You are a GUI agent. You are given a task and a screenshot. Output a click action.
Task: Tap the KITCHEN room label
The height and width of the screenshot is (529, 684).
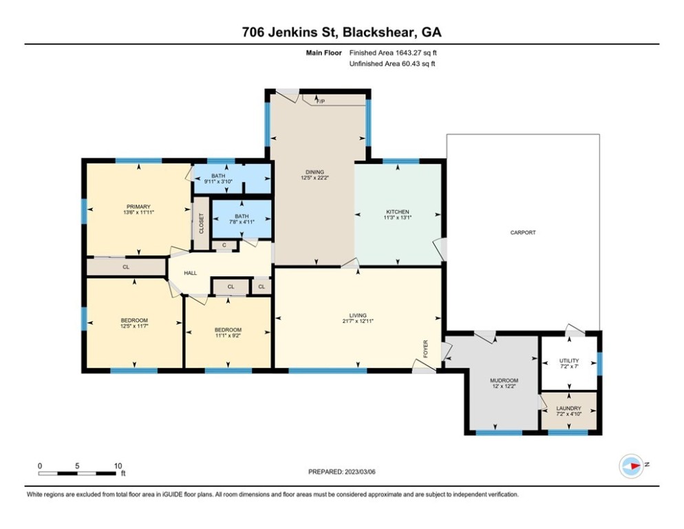[398, 211]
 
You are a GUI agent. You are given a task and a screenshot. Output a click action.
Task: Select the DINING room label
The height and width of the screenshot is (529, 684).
[314, 172]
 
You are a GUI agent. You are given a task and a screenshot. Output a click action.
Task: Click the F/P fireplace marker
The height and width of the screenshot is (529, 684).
[321, 101]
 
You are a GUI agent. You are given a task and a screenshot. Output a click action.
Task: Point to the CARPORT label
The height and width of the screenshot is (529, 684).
[523, 233]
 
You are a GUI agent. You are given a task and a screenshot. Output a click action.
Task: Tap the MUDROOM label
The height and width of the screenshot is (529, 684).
[503, 380]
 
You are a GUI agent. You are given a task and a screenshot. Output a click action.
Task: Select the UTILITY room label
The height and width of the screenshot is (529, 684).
[568, 361]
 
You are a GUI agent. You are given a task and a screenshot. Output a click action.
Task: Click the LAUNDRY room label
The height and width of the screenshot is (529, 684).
[568, 408]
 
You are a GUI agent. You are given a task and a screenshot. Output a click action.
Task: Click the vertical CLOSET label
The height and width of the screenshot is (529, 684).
[202, 224]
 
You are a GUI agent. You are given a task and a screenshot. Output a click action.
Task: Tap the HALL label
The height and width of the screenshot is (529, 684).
[191, 273]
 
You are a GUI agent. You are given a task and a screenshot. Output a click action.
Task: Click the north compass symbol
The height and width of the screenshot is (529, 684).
[631, 466]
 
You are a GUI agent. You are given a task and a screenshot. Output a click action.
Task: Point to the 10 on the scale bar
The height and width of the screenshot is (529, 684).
[118, 466]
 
